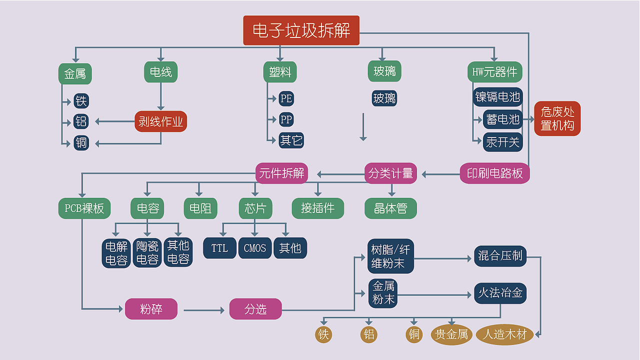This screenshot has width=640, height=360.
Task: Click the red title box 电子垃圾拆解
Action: click(301, 30)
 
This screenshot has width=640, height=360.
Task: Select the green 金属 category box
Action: click(75, 74)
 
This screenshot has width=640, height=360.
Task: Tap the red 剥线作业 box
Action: click(160, 121)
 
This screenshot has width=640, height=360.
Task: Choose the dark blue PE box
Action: click(286, 98)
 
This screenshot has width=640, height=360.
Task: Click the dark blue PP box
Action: click(286, 119)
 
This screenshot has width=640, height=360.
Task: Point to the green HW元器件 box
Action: click(494, 72)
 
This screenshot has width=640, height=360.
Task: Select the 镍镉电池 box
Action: click(497, 97)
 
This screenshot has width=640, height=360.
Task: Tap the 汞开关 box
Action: click(502, 142)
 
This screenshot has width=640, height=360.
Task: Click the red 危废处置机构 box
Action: click(557, 119)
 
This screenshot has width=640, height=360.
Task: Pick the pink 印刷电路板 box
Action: click(494, 173)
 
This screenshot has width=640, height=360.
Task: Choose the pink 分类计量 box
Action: click(390, 173)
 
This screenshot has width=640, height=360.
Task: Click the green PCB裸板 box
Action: click(84, 208)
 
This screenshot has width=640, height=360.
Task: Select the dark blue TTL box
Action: click(219, 248)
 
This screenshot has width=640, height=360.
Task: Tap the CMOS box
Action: click(255, 248)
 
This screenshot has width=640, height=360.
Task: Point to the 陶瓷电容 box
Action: click(147, 253)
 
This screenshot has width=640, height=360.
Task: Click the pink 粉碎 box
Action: click(151, 309)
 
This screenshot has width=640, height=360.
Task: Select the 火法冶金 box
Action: click(500, 293)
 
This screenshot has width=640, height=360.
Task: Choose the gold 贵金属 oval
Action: click(451, 334)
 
